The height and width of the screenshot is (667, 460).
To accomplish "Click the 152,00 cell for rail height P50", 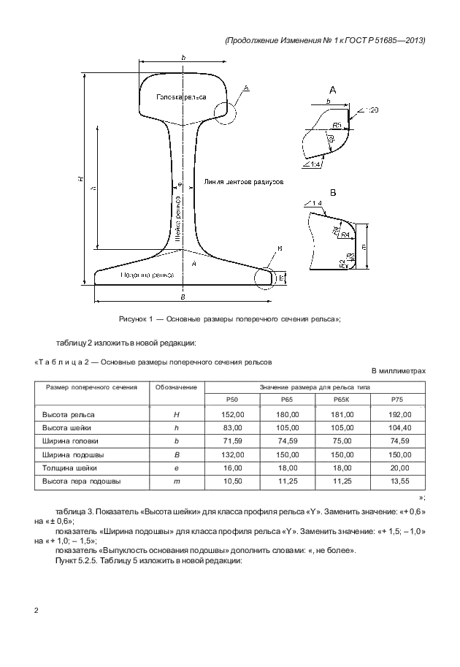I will click(x=233, y=414).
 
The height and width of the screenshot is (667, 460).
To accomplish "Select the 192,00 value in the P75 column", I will click(x=397, y=414).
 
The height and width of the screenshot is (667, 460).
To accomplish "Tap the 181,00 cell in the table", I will click(x=342, y=414).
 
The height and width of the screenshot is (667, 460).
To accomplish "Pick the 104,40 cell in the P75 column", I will click(x=397, y=427).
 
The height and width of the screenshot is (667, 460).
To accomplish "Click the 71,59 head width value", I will click(x=233, y=441).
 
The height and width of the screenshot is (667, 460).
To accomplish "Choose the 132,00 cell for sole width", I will click(x=233, y=454).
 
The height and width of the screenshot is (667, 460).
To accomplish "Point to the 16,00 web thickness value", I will click(x=233, y=468).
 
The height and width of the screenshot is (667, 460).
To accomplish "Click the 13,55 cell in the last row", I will click(x=397, y=481).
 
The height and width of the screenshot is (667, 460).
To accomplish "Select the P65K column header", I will click(x=342, y=399).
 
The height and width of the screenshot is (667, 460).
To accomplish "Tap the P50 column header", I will click(x=233, y=399).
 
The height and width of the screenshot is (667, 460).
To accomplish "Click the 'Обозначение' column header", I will click(x=176, y=386).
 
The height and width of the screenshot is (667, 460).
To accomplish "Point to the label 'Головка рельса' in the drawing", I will click(x=181, y=97).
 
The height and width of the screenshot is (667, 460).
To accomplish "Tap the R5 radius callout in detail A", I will click(x=338, y=125).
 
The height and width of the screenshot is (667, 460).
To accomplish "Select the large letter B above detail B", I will click(x=333, y=193).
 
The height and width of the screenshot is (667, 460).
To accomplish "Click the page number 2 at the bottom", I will click(x=37, y=609).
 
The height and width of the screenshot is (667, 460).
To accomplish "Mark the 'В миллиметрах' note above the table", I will click(x=398, y=371).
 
